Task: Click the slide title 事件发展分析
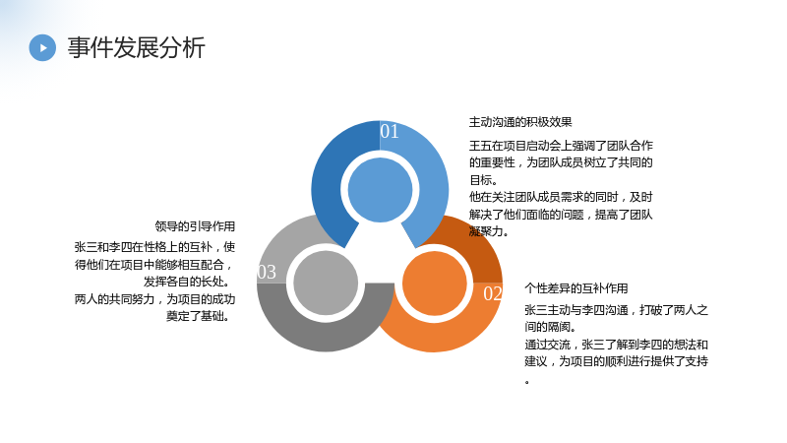tap(136, 48)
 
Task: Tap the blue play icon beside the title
tap(42, 47)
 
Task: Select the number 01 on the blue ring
tap(390, 132)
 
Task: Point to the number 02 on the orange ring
tap(493, 293)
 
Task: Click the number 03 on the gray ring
tap(267, 273)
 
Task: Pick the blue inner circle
tap(380, 190)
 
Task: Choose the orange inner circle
tap(435, 284)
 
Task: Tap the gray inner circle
tap(326, 284)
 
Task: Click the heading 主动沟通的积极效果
tap(520, 122)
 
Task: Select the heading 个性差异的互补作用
tap(576, 288)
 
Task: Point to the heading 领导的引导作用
tap(195, 226)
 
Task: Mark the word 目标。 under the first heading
tap(483, 180)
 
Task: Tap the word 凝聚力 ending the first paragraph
tap(486, 231)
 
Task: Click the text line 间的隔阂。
tap(550, 327)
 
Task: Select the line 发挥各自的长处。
tap(187, 282)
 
